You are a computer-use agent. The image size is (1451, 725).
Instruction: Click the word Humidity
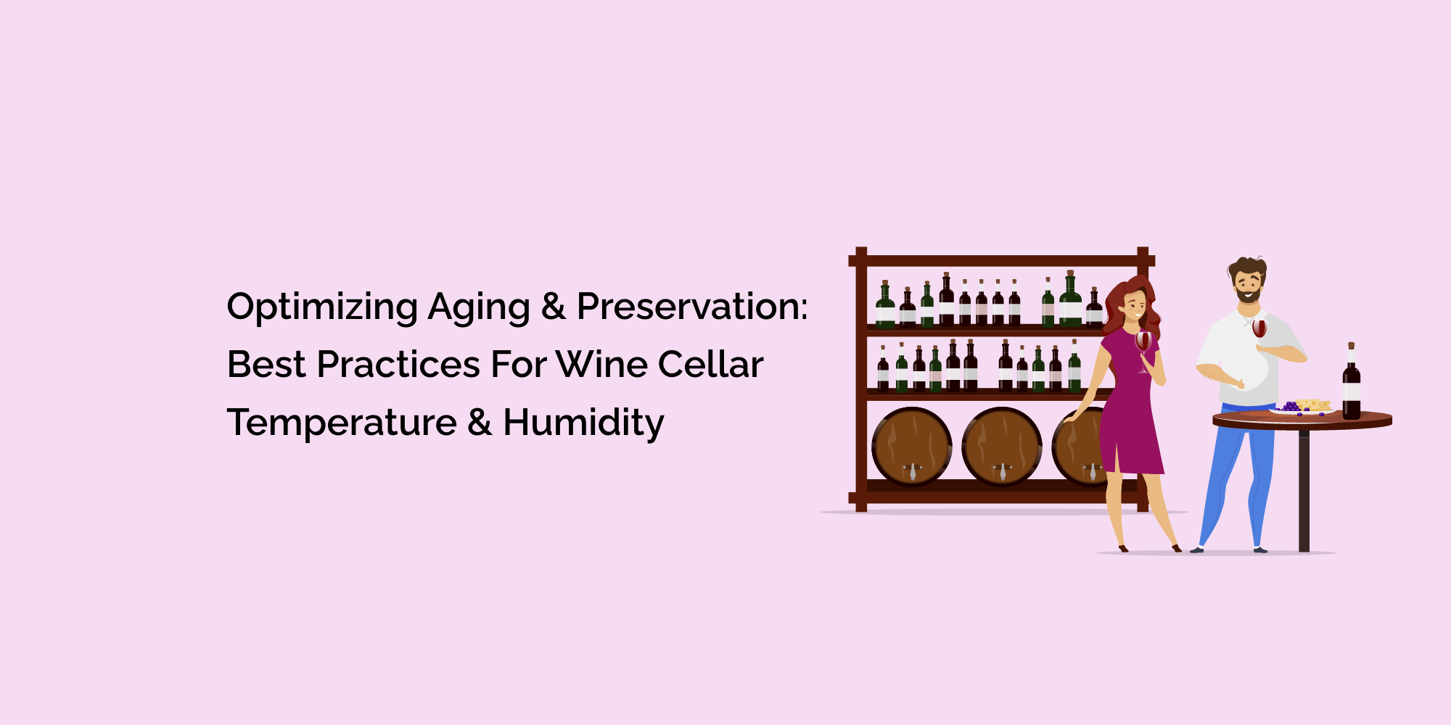click(583, 423)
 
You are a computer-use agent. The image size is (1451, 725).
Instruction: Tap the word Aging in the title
click(479, 307)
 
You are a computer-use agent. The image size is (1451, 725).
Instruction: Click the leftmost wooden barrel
click(911, 446)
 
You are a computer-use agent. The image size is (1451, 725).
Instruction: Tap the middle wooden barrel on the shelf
click(1001, 446)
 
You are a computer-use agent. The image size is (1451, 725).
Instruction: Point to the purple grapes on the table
click(1290, 407)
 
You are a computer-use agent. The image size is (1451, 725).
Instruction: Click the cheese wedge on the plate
click(1313, 405)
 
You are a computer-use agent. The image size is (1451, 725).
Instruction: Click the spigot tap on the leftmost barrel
click(913, 472)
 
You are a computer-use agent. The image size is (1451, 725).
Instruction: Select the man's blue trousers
click(1233, 471)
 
